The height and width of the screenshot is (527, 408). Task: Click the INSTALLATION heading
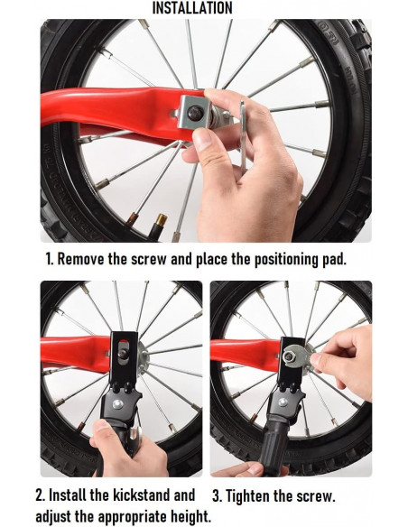click(x=192, y=8)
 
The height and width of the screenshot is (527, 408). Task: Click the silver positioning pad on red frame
click(x=193, y=113)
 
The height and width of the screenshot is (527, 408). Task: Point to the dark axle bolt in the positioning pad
click(x=195, y=113)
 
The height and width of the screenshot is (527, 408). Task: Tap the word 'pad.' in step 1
click(x=334, y=259)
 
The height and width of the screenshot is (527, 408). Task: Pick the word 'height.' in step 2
click(x=190, y=516)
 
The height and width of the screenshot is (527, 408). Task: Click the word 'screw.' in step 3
click(x=316, y=496)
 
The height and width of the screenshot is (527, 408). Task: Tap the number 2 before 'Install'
click(x=40, y=495)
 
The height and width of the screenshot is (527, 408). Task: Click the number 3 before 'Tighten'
click(x=217, y=496)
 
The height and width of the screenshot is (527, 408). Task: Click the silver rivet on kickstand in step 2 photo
click(x=117, y=404)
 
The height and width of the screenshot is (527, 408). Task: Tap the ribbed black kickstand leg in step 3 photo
click(x=274, y=443)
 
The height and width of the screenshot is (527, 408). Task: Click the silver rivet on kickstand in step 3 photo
click(x=283, y=402)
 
